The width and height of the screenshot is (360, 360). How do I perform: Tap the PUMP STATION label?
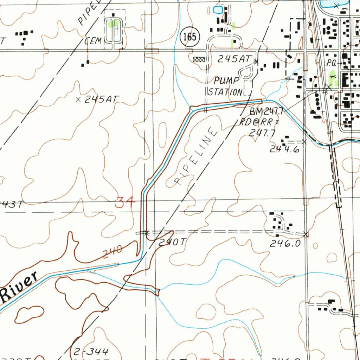click(226, 86)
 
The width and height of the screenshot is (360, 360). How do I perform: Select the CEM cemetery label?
click(93, 41)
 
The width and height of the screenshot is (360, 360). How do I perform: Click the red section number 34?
click(125, 203)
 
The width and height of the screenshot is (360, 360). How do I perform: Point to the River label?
click(19, 287)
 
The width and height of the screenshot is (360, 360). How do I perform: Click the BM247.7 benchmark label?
click(266, 112)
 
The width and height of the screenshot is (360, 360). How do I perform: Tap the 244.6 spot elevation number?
click(284, 149)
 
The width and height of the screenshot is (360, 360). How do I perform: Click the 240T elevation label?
click(171, 242)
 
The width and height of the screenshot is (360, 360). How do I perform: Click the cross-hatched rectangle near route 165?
click(199, 59)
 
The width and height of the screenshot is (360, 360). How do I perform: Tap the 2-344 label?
click(91, 351)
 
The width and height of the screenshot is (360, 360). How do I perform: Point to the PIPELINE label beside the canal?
click(195, 156)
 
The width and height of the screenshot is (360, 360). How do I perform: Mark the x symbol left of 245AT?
click(78, 100)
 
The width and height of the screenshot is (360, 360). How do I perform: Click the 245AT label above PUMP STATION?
click(233, 59)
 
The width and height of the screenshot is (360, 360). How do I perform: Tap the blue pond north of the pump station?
click(218, 9)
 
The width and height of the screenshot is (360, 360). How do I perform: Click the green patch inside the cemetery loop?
click(113, 24)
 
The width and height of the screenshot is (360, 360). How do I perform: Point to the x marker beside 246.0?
click(306, 234)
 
